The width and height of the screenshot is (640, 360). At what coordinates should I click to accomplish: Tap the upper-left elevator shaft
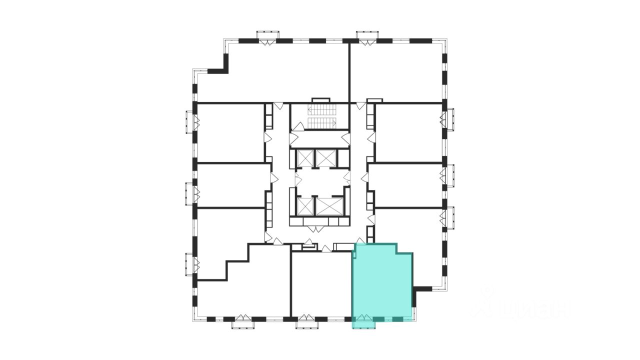pos(304,158)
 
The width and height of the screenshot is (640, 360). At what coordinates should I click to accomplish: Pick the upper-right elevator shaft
pos(327,158)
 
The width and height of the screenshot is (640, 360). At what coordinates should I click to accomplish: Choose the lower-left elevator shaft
pos(304,206)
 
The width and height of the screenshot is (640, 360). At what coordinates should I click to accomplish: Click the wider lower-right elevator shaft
pos(330,206)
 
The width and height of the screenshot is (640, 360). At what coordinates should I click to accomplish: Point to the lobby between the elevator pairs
pos(320,181)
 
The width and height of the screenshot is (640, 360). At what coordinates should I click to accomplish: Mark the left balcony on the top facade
pos(267,36)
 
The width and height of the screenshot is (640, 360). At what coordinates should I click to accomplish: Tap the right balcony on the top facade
pos(367,36)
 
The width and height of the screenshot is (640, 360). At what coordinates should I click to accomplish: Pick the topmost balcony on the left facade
pos(189,121)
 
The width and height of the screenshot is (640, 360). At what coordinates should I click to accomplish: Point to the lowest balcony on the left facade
pos(189,263)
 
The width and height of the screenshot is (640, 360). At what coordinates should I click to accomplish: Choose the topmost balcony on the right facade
pos(449,119)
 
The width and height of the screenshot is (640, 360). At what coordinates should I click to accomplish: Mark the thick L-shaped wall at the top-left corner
pos(220,65)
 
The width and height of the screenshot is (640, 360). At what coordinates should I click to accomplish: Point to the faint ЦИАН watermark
pos(520,306)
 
